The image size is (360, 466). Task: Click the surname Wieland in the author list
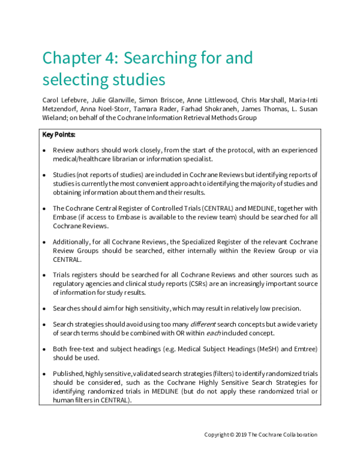(x=54, y=118)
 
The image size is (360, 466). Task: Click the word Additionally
(x=71, y=241)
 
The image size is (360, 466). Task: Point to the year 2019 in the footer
(x=240, y=435)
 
